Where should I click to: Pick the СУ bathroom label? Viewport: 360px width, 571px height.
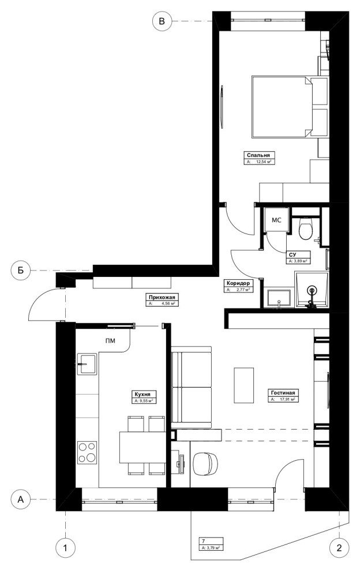[292, 254]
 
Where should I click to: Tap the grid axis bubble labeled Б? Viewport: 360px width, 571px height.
[20, 270]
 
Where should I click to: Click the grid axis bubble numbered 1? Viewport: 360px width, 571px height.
[65, 546]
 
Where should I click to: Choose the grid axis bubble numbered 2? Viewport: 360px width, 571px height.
[339, 546]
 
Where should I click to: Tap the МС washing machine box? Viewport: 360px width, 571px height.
[276, 220]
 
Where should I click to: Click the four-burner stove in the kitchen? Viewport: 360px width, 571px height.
[87, 451]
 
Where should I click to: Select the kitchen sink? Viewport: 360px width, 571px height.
[87, 363]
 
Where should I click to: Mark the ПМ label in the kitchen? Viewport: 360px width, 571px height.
[110, 341]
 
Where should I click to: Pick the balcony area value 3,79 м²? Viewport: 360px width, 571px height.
[211, 549]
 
